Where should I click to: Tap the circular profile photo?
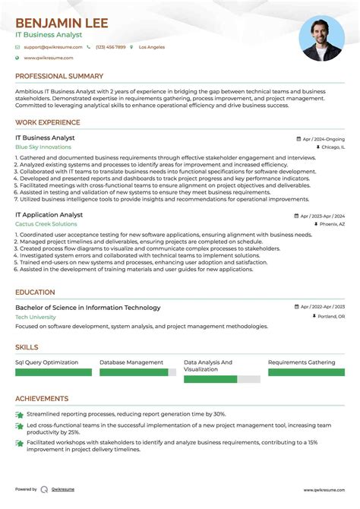pos(321,40)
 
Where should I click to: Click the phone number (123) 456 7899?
pos(110,47)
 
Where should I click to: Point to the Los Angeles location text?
pos(151,47)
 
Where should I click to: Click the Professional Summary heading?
pos(59,76)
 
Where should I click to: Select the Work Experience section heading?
pos(48,122)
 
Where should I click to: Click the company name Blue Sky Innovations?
pos(44,147)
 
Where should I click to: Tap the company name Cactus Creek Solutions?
pos(46,224)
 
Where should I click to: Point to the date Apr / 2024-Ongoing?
pos(322,139)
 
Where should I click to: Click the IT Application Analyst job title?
pos(49,215)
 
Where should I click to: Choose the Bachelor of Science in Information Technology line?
pos(88,308)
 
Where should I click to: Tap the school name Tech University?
pos(35,317)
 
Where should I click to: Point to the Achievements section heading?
pos(42,398)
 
